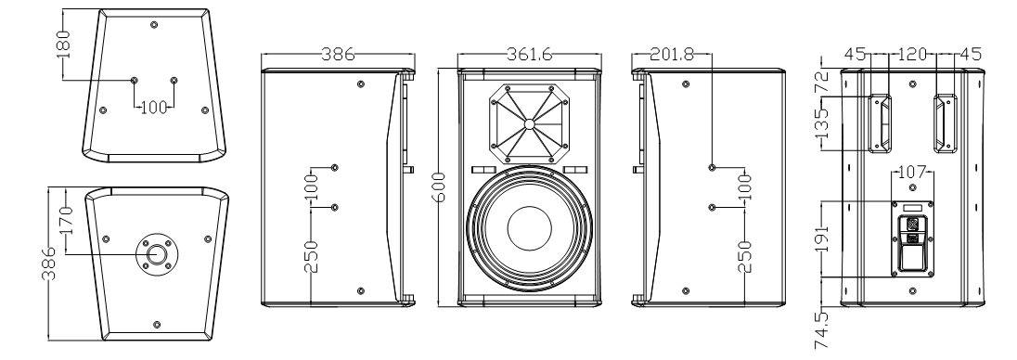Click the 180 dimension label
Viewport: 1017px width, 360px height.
pos(63,45)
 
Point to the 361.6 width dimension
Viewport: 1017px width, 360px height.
pos(529,55)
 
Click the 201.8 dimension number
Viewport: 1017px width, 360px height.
pos(671,55)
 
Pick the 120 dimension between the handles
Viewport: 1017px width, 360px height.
pos(912,55)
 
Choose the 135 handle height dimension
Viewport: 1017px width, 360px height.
pos(822,123)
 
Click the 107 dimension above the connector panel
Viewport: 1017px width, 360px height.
pos(912,174)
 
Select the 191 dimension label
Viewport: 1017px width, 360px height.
pos(822,239)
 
